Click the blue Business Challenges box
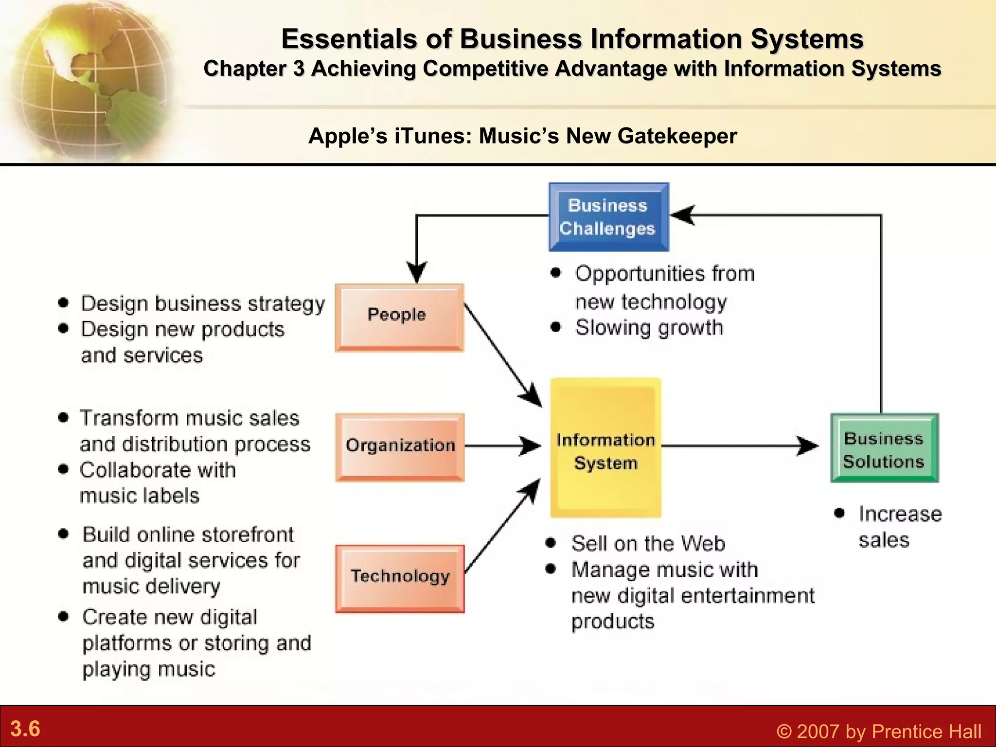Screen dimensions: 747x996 tap(608, 217)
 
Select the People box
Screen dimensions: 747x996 tap(399, 317)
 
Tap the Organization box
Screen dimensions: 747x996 tap(400, 447)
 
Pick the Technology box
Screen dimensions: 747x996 tap(400, 578)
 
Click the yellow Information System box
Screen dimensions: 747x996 tap(605, 448)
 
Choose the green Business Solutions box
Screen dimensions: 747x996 tap(884, 448)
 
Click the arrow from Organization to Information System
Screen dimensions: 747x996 tap(501, 445)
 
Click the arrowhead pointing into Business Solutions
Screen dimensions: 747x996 tap(807, 445)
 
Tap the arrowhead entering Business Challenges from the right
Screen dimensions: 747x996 tap(683, 215)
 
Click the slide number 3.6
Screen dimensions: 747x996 tap(25, 729)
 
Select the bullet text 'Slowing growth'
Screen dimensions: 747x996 tap(649, 328)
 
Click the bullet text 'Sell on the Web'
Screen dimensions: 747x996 tap(648, 543)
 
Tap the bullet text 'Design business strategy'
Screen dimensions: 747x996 tap(203, 303)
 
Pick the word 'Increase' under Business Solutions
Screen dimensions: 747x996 tap(900, 514)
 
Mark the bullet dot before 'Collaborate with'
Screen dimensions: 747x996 tap(63, 469)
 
